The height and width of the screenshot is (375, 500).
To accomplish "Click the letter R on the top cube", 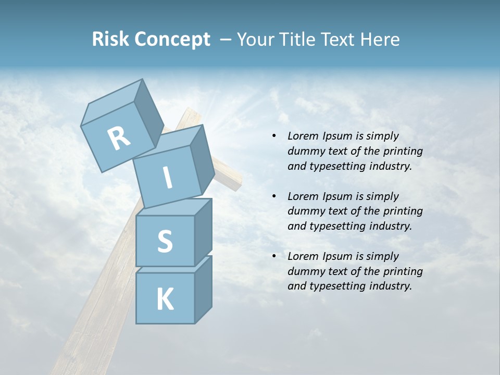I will click(x=119, y=139).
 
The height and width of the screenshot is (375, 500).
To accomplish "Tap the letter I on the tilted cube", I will click(x=167, y=178).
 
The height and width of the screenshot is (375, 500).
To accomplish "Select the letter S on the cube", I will click(x=165, y=241).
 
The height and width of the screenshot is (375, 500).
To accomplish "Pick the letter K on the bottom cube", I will click(x=165, y=299).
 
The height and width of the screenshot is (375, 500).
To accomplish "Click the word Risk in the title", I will click(x=111, y=39).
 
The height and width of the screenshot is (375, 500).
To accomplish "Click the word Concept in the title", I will click(x=172, y=39).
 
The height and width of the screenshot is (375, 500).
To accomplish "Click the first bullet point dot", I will click(x=274, y=136).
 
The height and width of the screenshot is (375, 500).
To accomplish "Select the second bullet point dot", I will click(x=274, y=196).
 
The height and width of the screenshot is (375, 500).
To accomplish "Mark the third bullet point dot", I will click(x=274, y=256).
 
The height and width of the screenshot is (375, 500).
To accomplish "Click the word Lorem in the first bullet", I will click(x=303, y=136).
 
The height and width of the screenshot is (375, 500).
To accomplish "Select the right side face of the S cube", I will click(x=203, y=232).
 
